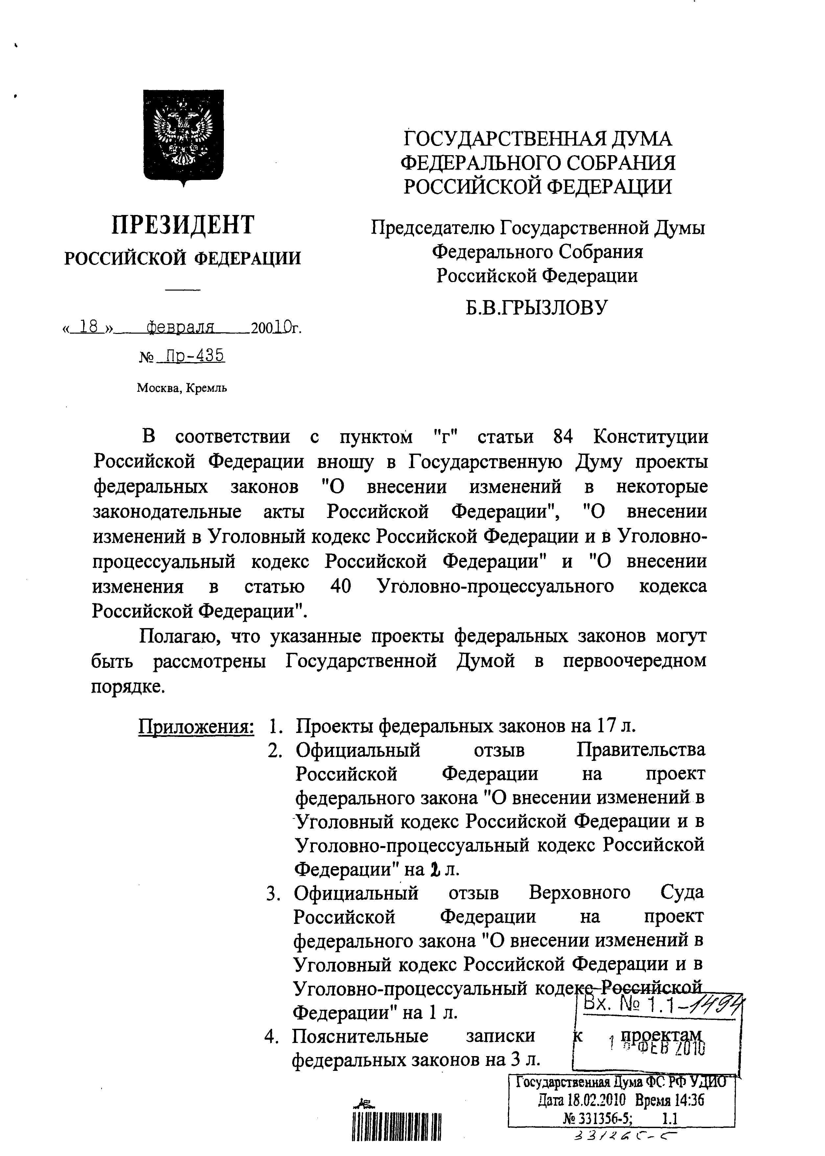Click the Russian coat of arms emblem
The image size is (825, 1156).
tap(183, 136)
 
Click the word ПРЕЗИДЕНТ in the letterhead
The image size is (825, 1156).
tap(183, 225)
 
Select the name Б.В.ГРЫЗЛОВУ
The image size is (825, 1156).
tap(536, 307)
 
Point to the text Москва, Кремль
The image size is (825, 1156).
tap(181, 389)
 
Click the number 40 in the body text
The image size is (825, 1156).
tap(341, 586)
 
